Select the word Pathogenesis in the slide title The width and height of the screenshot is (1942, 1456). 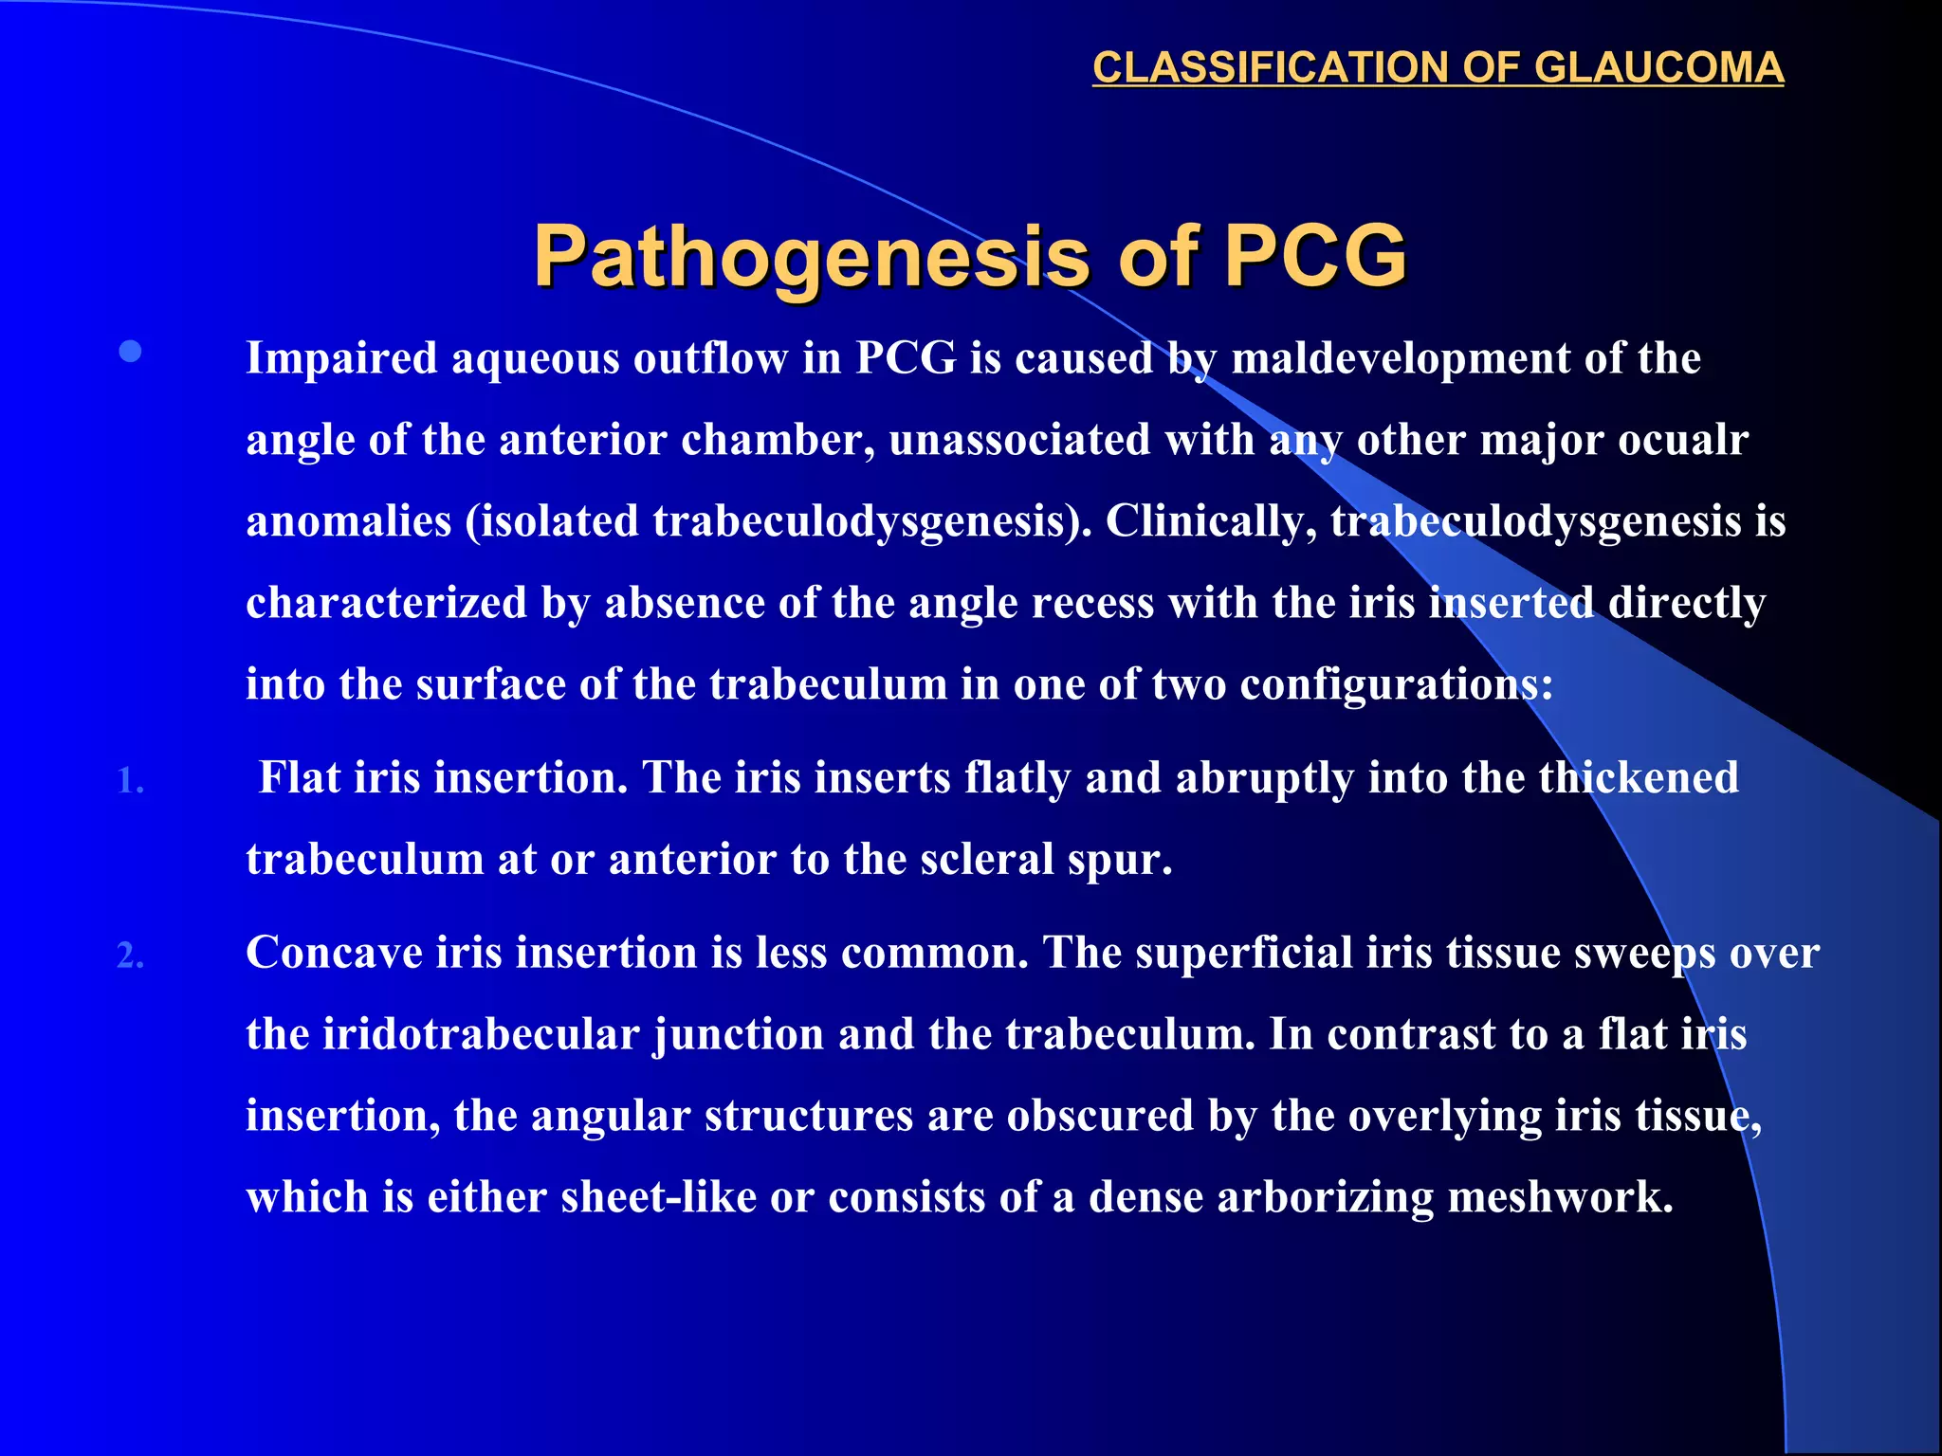[812, 256]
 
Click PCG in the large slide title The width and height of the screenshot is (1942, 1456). [1315, 256]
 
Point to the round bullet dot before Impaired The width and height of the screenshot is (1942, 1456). [131, 353]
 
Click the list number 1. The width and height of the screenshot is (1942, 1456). [130, 781]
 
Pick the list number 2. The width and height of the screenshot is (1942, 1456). [130, 955]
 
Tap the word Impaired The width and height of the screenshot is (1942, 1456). [341, 358]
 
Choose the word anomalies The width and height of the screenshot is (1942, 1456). [348, 521]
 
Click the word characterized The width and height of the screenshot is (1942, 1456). [386, 603]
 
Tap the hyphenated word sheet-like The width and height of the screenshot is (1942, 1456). [658, 1197]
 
